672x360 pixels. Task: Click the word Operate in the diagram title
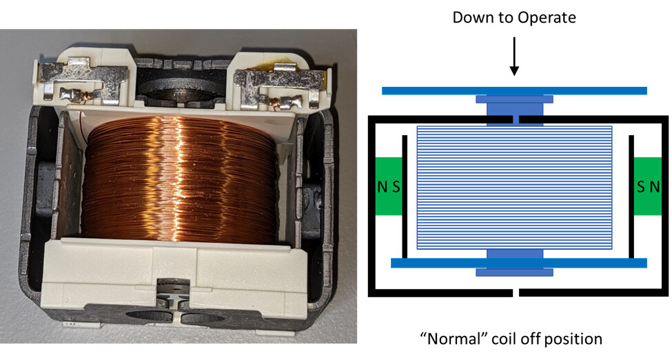point(547,17)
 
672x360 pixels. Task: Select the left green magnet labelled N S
point(388,186)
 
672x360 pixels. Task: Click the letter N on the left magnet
point(382,186)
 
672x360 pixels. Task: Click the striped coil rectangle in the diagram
point(514,187)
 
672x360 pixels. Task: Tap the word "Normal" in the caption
point(448,339)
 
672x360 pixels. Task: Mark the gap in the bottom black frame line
point(516,293)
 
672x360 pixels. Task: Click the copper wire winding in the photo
point(179,179)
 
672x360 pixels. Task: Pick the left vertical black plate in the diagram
point(405,197)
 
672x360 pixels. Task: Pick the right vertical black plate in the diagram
point(631,197)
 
